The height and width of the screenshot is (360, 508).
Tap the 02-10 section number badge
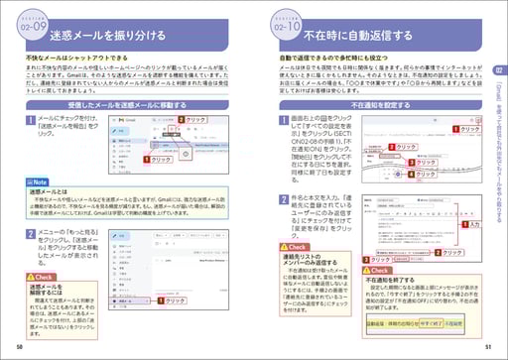(286, 32)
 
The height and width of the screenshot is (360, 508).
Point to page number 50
(20, 346)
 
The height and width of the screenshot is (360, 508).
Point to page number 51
(487, 346)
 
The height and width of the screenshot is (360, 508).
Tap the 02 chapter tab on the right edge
(500, 70)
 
